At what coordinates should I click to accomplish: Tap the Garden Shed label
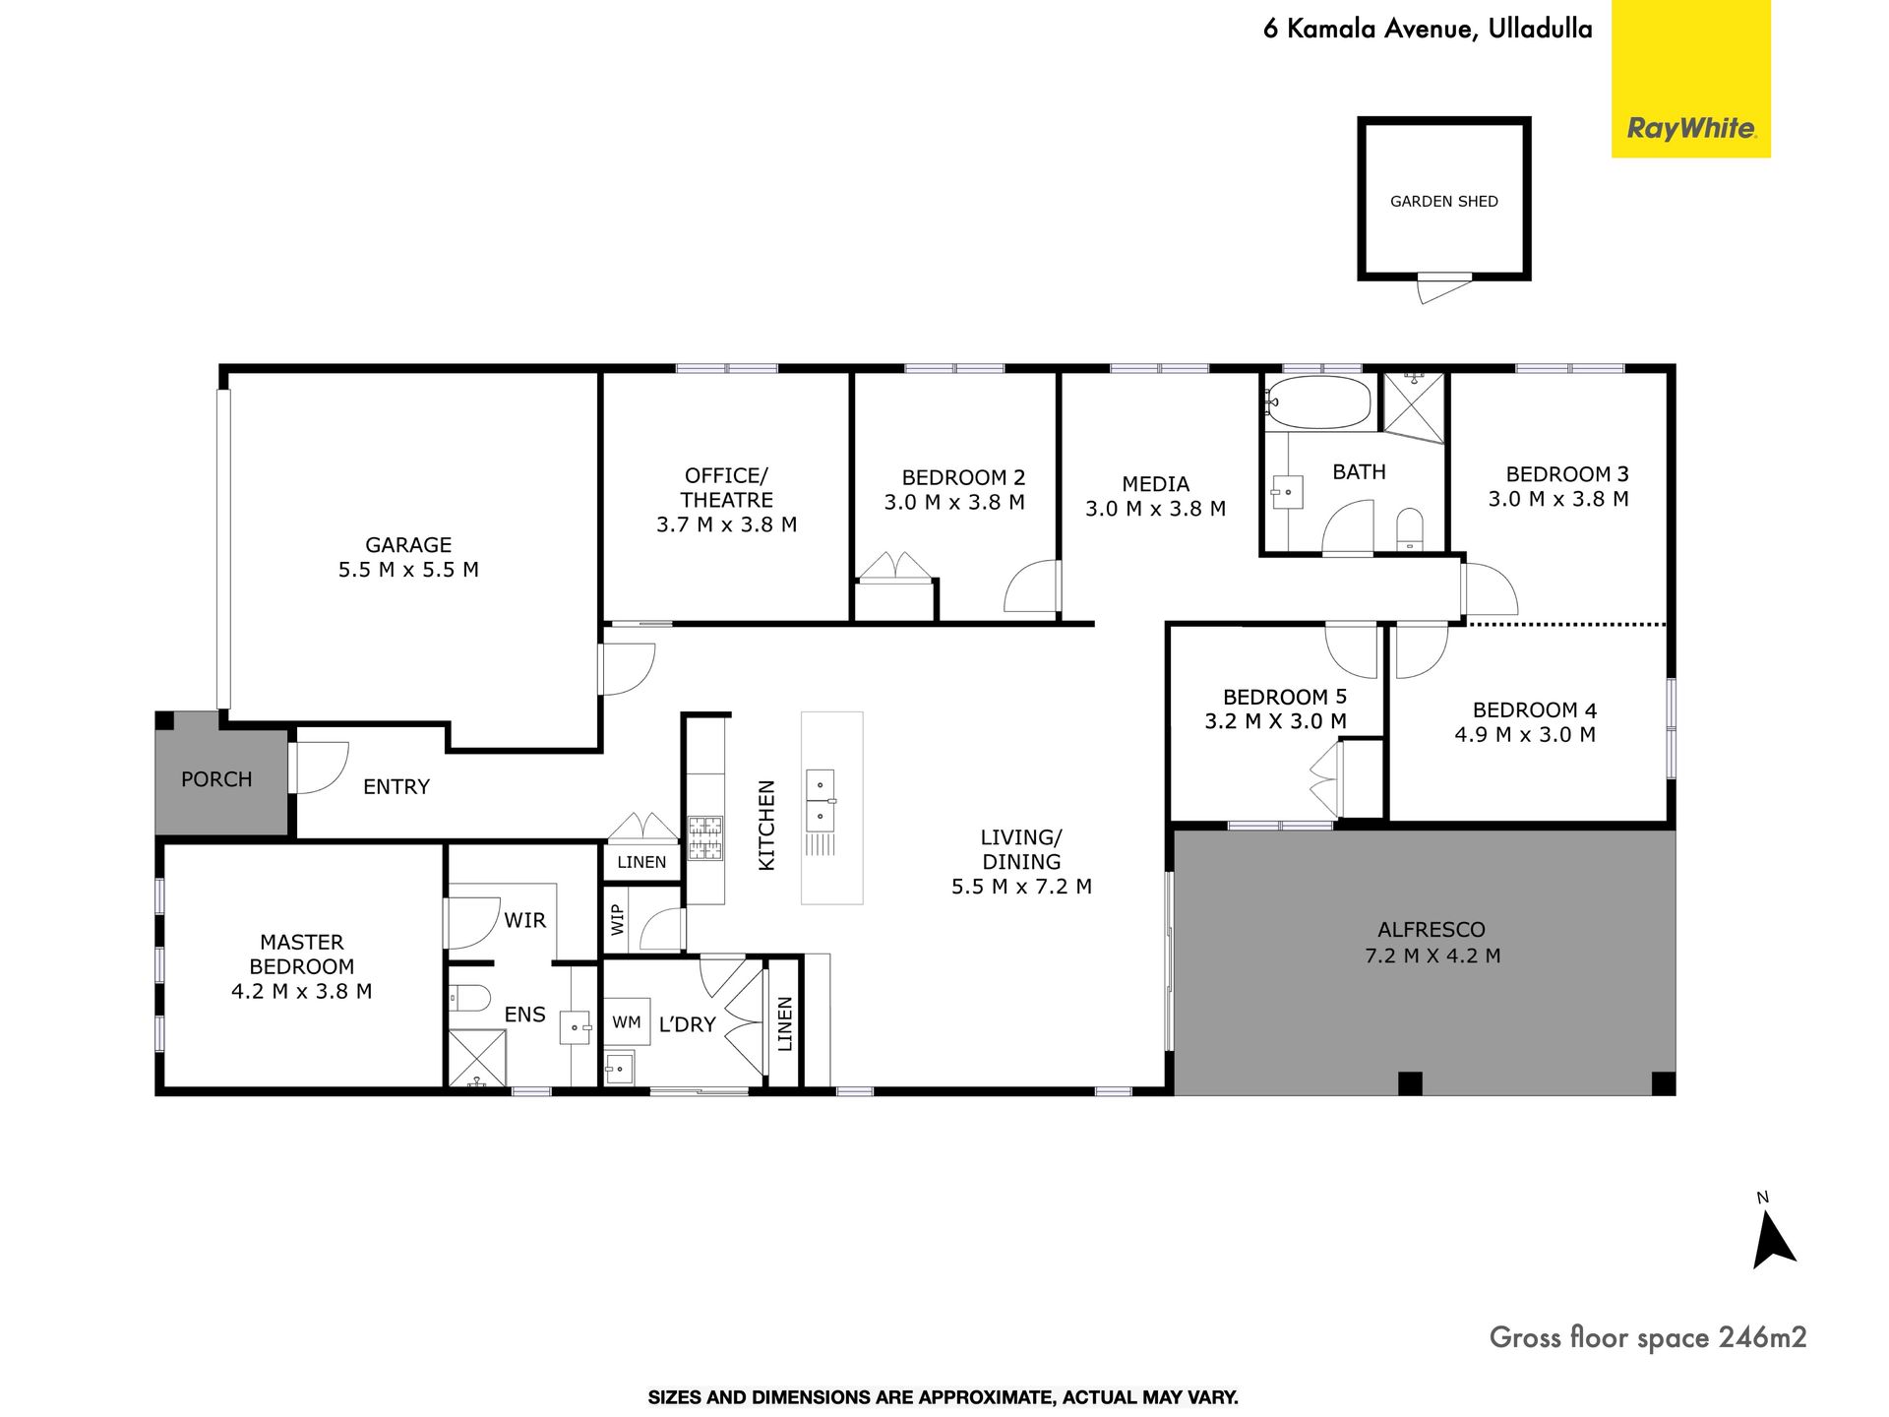1443,202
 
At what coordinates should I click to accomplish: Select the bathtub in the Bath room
1318,401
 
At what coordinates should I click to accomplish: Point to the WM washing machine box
627,1022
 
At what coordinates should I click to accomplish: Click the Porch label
216,779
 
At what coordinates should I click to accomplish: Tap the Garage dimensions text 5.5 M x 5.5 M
408,570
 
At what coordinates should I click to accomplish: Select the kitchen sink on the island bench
820,800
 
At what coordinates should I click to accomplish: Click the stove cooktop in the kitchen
704,837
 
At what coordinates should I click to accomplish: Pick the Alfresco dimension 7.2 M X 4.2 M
1432,955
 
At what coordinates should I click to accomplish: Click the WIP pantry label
618,919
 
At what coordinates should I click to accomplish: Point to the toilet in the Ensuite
469,1000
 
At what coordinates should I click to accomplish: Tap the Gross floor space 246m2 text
1648,1337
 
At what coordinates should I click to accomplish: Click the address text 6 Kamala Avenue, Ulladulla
1428,30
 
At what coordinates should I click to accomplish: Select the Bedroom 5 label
1285,698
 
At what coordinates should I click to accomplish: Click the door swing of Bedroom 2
1032,586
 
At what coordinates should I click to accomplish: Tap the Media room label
1156,484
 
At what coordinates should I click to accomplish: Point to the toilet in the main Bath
1410,528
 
